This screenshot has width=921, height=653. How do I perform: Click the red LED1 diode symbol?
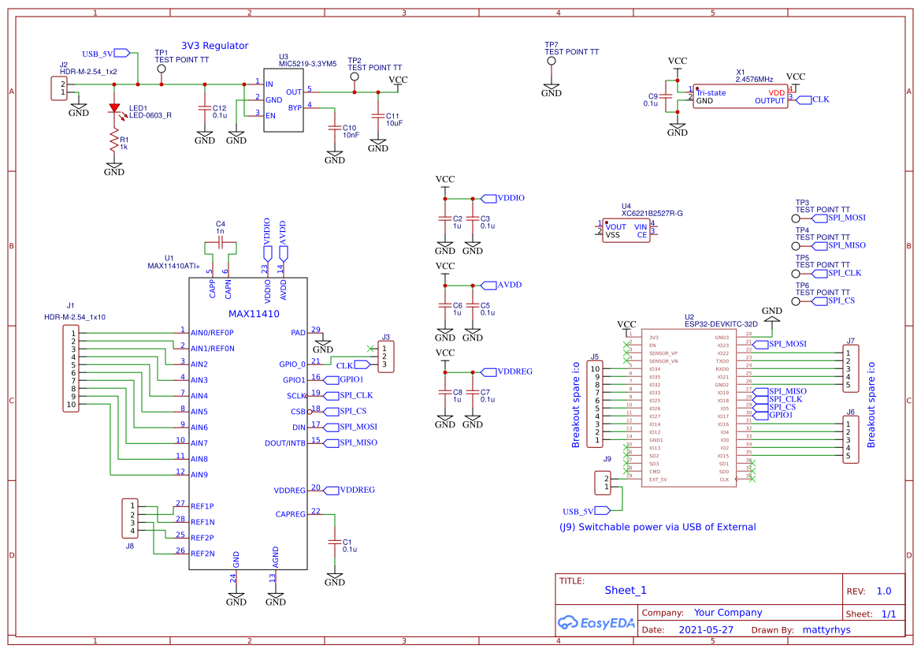pos(114,108)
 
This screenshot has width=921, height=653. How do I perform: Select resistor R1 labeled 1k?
pos(114,143)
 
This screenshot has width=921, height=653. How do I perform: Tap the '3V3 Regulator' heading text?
pos(214,46)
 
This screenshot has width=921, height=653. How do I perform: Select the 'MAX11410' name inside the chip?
pos(247,313)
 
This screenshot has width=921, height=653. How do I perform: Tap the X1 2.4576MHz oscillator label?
pos(754,79)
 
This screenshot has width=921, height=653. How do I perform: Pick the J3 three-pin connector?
pos(385,356)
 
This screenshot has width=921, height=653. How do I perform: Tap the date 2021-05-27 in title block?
pos(705,630)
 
